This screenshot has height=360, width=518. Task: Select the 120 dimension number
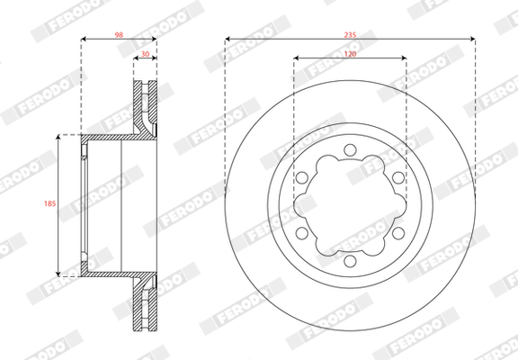tap(351, 55)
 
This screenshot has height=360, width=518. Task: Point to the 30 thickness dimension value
tap(146, 55)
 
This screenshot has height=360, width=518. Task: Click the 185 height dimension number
tap(50, 204)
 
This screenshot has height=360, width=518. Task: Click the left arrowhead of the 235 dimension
tap(228, 39)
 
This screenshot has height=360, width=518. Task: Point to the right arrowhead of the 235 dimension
tap(472, 39)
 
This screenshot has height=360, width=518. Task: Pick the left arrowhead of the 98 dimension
tap(85, 39)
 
